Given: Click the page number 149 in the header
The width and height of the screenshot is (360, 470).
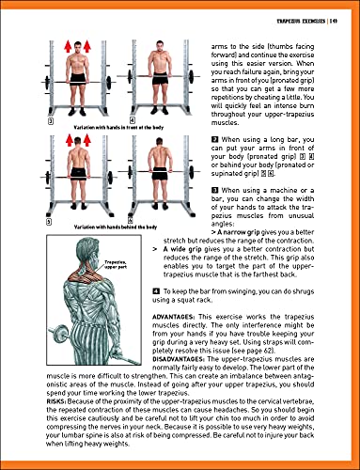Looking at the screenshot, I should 339,8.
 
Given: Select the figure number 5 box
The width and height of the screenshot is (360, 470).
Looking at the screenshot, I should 36,223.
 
